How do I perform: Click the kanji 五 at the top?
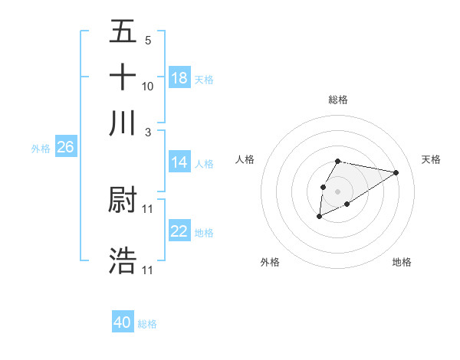[x=123, y=31]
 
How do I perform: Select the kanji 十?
[x=123, y=77]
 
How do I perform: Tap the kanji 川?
[x=123, y=123]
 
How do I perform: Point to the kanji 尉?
[x=123, y=201]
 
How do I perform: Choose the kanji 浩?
[x=123, y=260]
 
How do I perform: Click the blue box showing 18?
[x=179, y=78]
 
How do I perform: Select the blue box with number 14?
[x=179, y=162]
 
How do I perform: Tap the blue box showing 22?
[x=179, y=231]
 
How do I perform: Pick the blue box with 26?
[x=65, y=147]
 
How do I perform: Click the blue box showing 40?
[x=123, y=322]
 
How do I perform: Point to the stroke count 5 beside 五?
[x=148, y=41]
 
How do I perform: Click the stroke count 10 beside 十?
[x=148, y=86]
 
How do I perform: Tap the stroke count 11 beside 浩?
[x=148, y=270]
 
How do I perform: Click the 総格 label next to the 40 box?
[x=147, y=324]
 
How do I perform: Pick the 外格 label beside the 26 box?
[x=41, y=149]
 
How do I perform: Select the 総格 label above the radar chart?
[x=337, y=100]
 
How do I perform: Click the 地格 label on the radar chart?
[x=402, y=262]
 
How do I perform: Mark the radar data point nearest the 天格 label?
[x=396, y=172]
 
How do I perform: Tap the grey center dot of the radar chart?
[x=337, y=191]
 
